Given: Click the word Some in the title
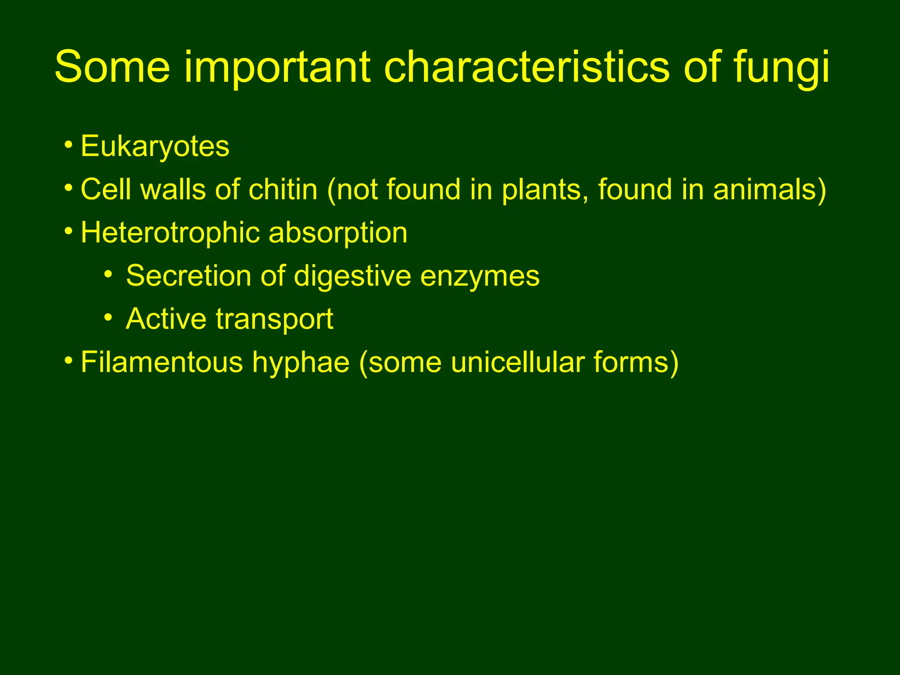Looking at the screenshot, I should coord(112,67).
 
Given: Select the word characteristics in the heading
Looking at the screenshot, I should coord(526,67).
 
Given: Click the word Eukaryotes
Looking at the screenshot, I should coord(155,147).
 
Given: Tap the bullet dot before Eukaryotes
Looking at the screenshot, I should coord(68,145).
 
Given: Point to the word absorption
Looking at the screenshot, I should coord(338,233).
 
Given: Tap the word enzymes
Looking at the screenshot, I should coord(480,277).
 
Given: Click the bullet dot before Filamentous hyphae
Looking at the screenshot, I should coord(68,361).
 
